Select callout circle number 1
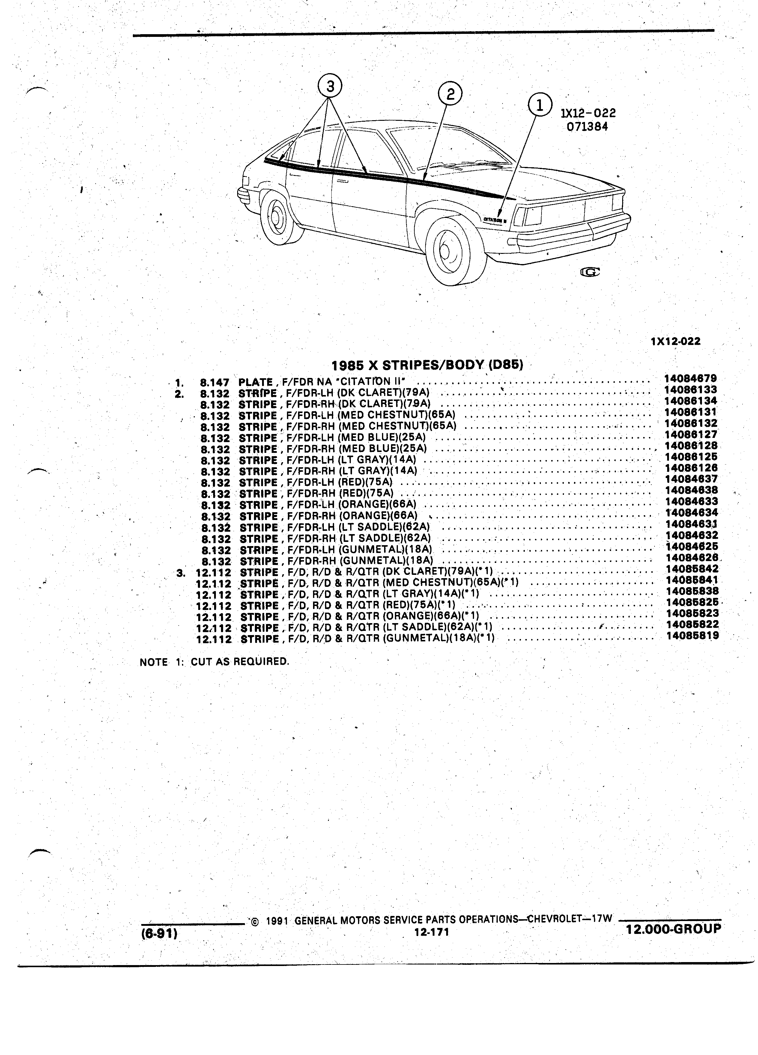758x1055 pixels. (540, 105)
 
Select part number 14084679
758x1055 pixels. (691, 379)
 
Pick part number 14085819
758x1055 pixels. (692, 635)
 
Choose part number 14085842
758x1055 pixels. (692, 569)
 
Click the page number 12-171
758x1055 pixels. (431, 932)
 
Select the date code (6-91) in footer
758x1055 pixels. (160, 934)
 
